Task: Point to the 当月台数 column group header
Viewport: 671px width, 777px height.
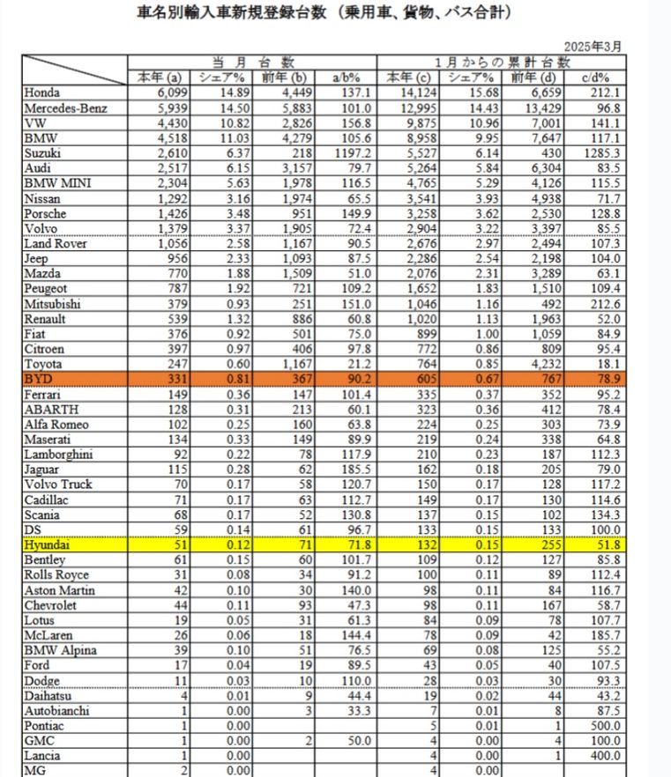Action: [x=252, y=63]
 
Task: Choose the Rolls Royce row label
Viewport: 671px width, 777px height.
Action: [x=57, y=575]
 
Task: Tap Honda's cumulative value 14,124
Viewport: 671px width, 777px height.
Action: [x=411, y=93]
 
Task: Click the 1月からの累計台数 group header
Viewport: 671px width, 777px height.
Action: [x=506, y=63]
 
